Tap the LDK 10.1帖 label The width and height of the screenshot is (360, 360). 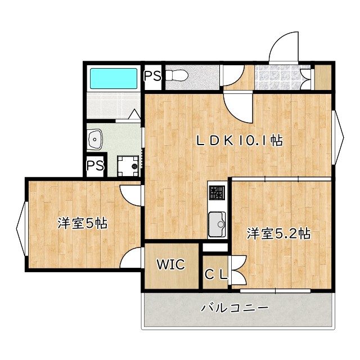click(x=238, y=141)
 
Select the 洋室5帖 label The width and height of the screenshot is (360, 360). click(x=82, y=223)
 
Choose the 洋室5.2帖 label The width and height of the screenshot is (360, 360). click(x=279, y=233)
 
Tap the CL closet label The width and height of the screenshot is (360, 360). click(x=215, y=274)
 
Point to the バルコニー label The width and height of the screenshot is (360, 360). click(x=235, y=308)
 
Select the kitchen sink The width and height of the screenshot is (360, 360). click(x=217, y=224)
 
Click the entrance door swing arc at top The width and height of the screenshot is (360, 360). click(x=284, y=48)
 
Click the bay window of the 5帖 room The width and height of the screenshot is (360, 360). click(x=21, y=224)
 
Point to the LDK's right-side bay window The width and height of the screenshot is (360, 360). click(x=338, y=135)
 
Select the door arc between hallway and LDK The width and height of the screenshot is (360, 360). click(x=238, y=107)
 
